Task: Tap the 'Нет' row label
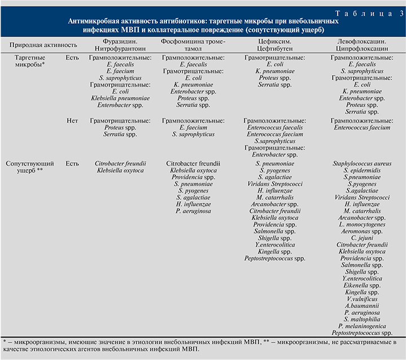tap(72, 121)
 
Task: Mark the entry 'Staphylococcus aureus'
tap(361, 163)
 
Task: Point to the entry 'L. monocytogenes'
tap(361, 224)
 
